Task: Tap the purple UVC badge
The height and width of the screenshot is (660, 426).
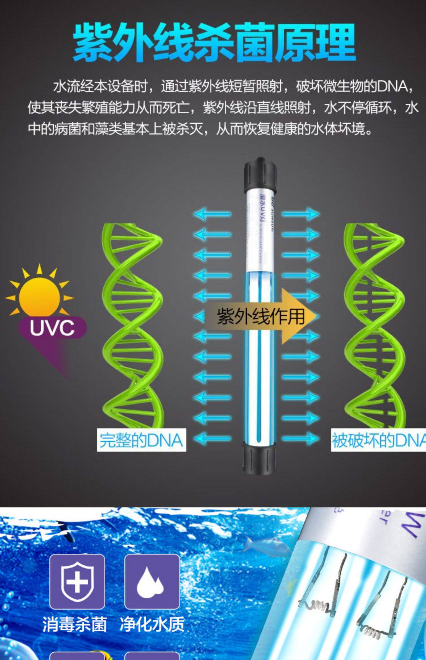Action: (x=52, y=327)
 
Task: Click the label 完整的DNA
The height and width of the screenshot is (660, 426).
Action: (x=141, y=440)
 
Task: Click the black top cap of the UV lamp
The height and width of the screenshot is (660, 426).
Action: (x=260, y=174)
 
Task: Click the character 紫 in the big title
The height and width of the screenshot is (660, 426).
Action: (x=93, y=43)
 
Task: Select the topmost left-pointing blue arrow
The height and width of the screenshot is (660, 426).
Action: (x=212, y=214)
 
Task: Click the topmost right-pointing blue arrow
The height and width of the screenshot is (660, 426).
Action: (x=300, y=214)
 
